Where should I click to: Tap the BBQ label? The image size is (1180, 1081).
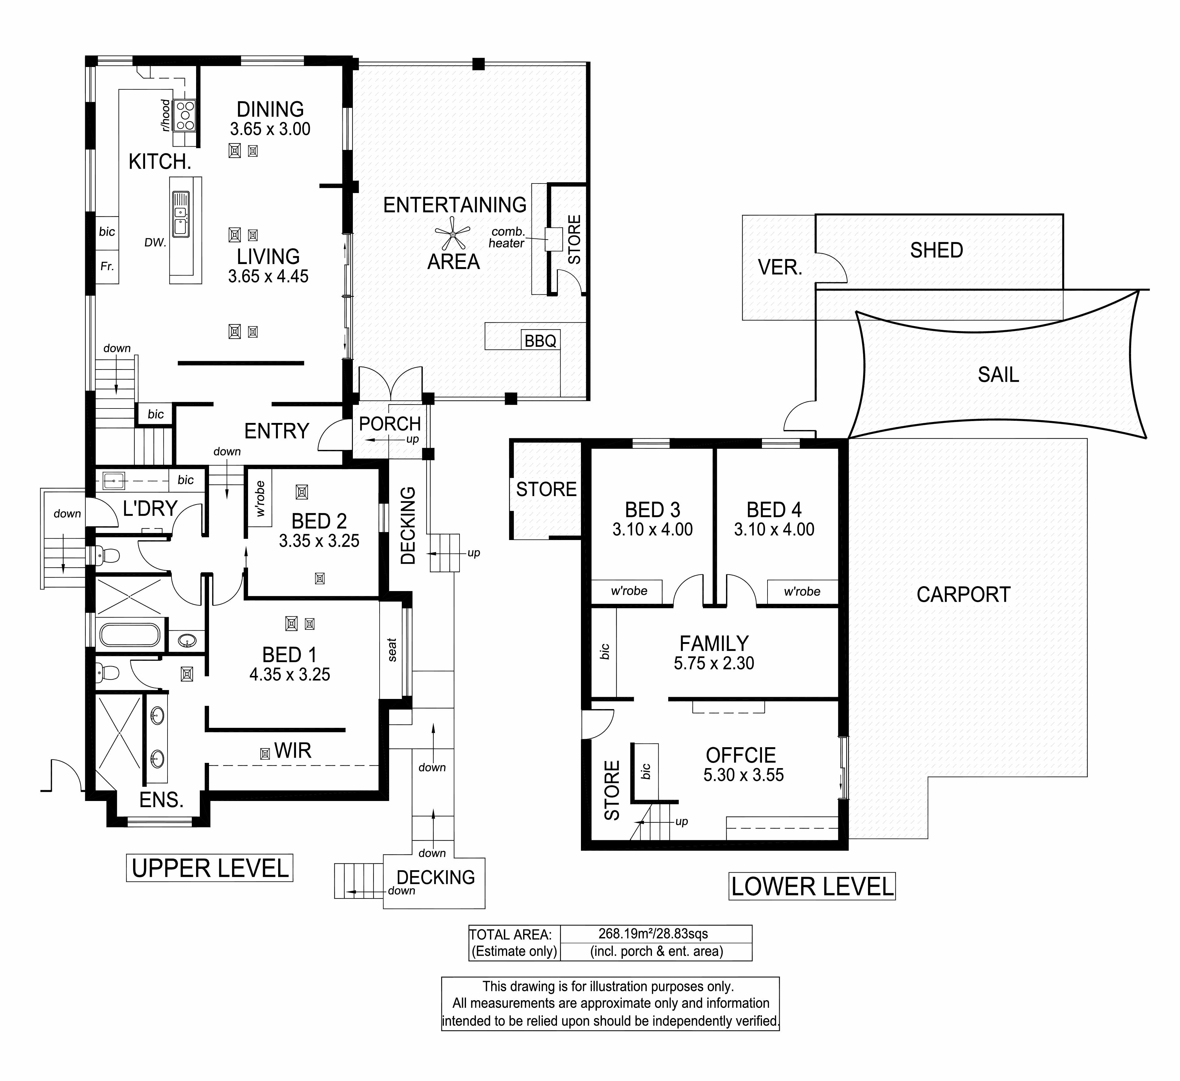tap(540, 341)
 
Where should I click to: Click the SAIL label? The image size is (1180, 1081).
tap(998, 375)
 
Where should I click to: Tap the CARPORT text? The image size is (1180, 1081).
tap(963, 595)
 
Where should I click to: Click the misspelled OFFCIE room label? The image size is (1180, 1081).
tap(741, 755)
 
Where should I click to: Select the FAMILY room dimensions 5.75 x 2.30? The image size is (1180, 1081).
tap(714, 663)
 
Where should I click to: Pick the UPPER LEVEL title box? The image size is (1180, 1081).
tap(210, 868)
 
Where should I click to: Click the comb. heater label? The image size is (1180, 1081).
tap(507, 237)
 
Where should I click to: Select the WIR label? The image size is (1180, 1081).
tap(293, 750)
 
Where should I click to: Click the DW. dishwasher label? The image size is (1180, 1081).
tap(156, 242)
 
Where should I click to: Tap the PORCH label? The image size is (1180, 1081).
tap(390, 423)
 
